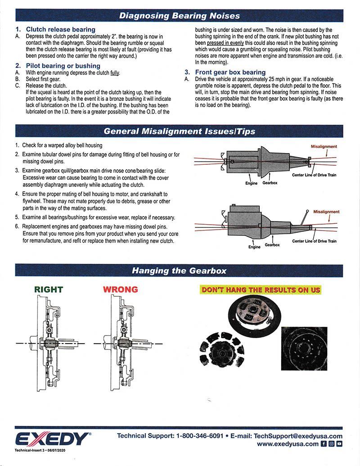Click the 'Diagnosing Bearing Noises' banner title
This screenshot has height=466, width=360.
click(179, 16)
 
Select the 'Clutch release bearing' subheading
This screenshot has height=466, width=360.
click(61, 29)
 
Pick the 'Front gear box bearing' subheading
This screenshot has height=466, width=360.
click(230, 72)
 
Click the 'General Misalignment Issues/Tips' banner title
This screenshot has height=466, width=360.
click(179, 131)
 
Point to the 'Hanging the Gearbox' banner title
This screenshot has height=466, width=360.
click(179, 271)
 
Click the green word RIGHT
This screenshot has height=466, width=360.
click(49, 289)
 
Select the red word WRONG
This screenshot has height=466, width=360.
click(121, 289)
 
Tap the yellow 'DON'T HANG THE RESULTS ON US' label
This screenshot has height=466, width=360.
click(261, 290)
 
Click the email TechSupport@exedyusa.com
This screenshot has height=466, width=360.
click(298, 436)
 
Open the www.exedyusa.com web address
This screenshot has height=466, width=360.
click(288, 444)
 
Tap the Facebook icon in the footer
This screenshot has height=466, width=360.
click(324, 444)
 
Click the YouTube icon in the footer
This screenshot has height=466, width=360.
click(339, 444)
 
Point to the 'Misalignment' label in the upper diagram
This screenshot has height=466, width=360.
click(324, 147)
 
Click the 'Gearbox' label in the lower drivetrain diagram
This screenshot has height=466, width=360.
click(272, 244)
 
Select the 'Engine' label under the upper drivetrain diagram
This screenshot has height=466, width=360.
click(251, 183)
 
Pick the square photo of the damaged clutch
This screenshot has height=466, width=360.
click(303, 348)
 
